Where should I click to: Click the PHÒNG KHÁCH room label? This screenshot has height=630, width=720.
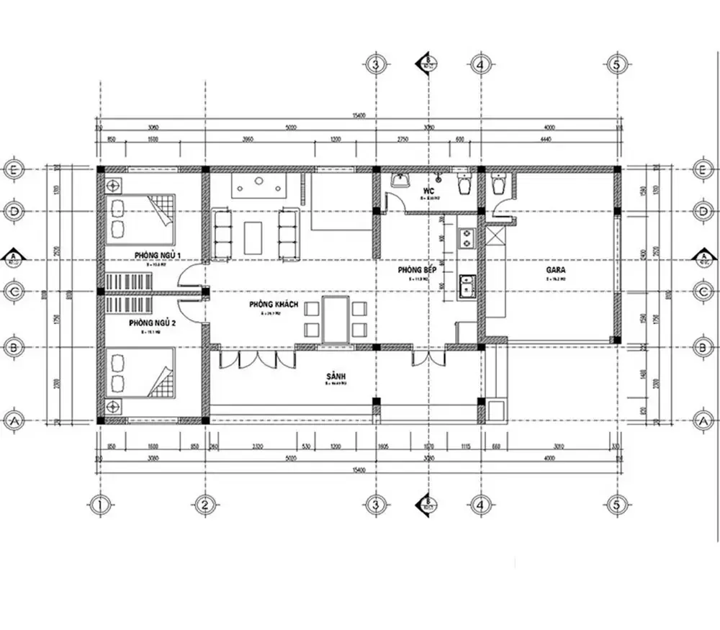274,305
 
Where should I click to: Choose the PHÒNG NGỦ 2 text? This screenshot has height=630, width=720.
153,324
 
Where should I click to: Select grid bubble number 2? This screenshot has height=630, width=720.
205,504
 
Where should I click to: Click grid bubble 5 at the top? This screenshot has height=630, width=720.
616,64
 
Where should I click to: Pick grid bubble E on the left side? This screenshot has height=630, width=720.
14,169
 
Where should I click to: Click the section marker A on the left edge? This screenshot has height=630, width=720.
13,257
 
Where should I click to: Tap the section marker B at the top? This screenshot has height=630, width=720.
428,63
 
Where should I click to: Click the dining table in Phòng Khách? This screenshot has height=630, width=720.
336,318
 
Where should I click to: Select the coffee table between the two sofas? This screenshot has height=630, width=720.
253,238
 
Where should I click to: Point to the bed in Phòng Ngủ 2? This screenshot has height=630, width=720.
141,372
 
